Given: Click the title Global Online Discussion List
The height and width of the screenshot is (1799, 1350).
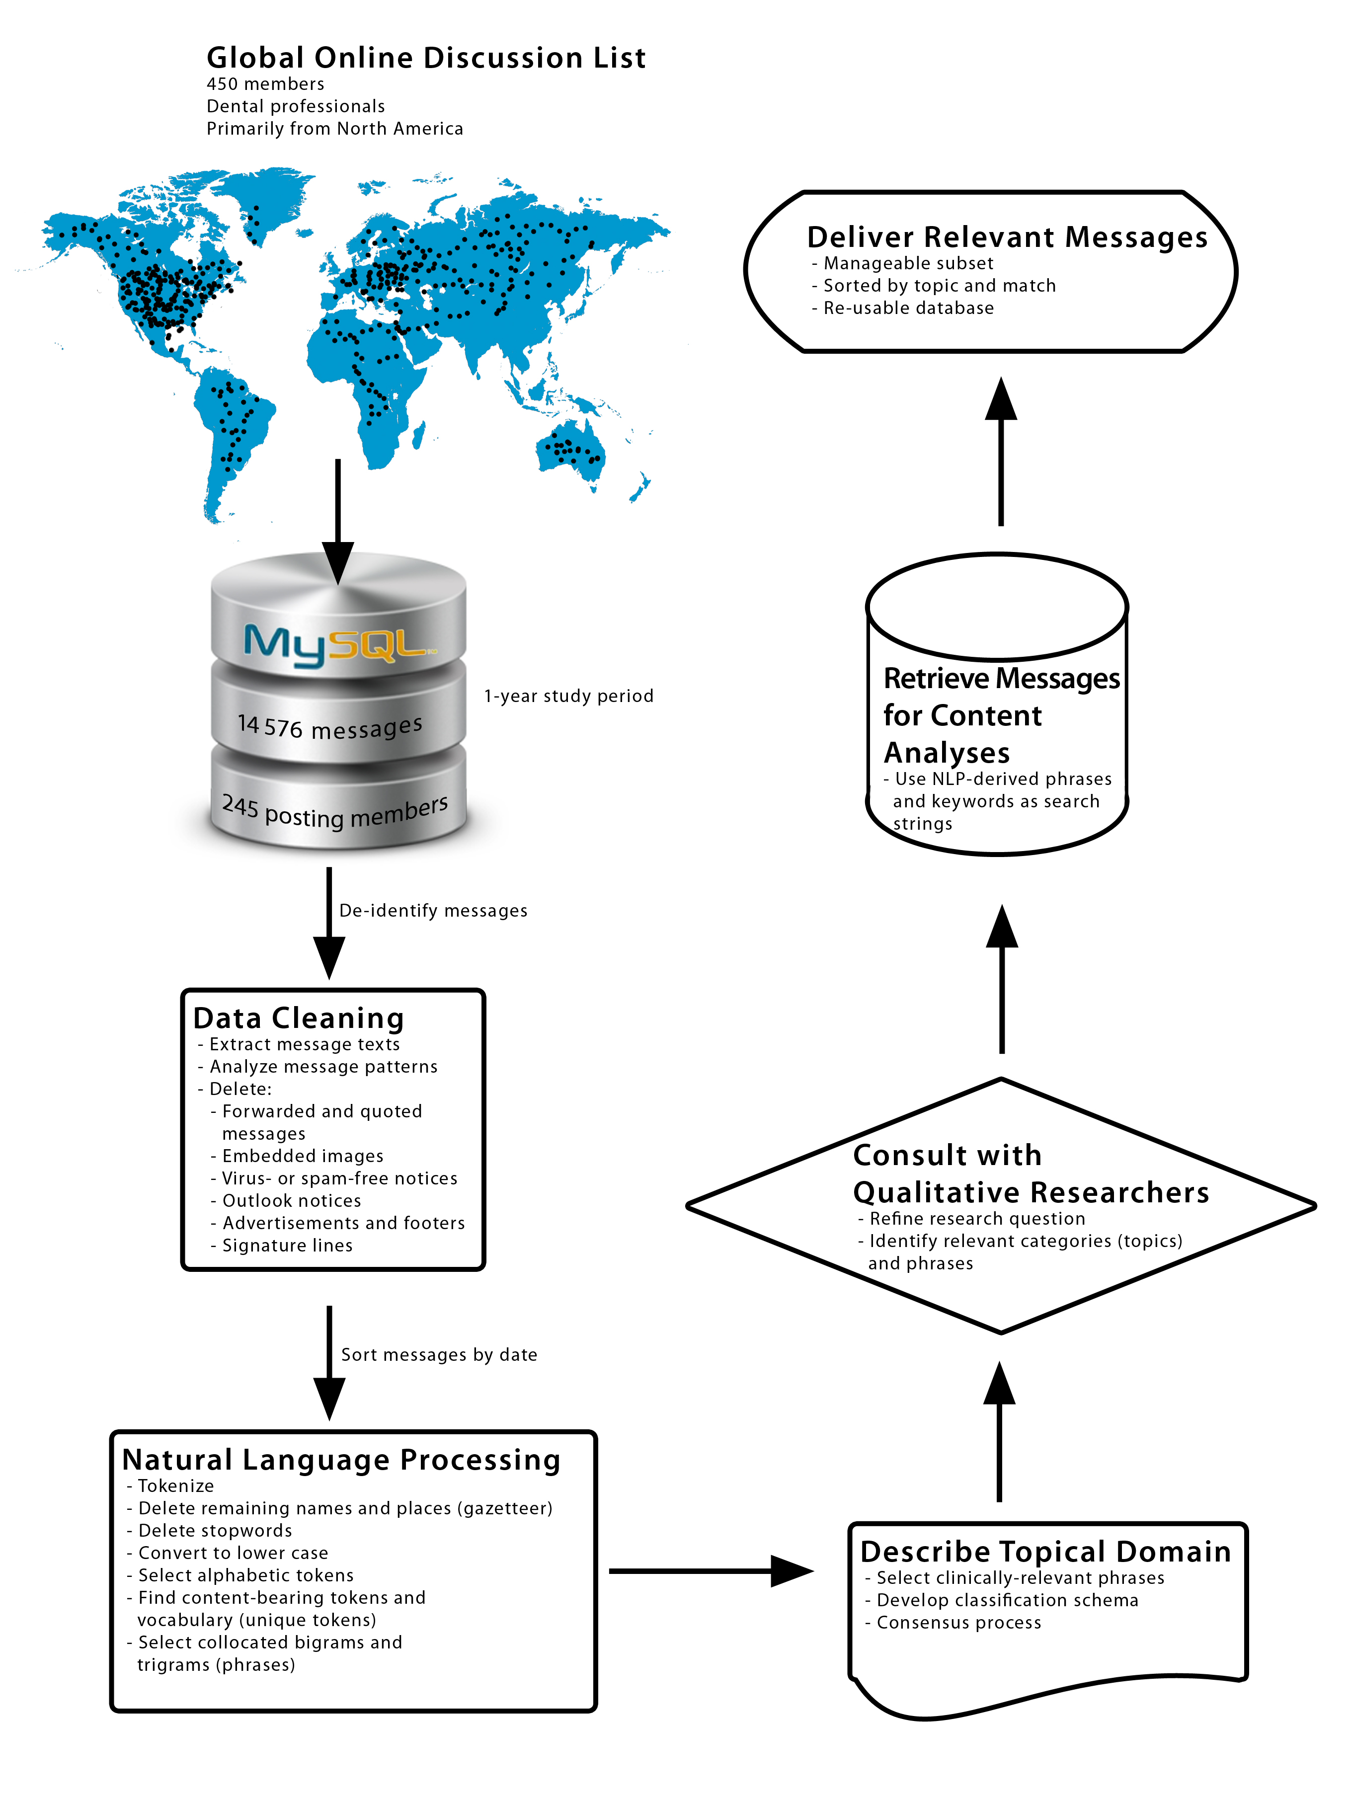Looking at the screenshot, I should tap(426, 58).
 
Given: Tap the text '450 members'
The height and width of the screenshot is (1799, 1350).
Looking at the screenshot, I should tap(265, 84).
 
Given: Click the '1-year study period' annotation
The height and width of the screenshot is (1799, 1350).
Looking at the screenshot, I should tap(568, 696).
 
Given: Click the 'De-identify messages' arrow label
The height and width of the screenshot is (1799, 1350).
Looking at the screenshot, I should tap(433, 911).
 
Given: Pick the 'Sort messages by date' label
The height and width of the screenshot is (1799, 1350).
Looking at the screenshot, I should tap(439, 1355).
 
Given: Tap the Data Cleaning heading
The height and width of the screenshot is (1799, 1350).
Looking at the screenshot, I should tap(299, 1018).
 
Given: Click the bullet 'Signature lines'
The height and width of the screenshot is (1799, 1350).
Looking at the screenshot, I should tap(287, 1246).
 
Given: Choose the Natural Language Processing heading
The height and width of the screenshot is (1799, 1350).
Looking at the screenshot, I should tap(341, 1460).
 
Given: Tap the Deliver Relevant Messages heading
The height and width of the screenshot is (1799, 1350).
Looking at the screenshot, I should tap(1007, 236).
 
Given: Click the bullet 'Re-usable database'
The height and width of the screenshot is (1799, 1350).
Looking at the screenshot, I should tap(908, 308).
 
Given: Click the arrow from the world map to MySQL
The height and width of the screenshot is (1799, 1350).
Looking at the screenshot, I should tap(337, 521).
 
